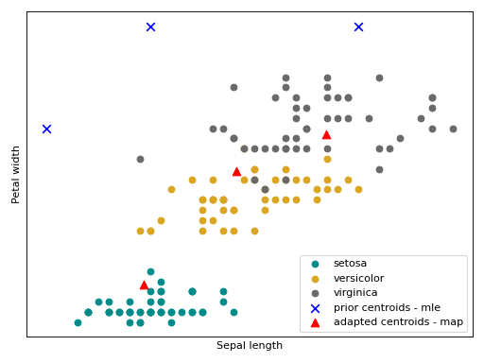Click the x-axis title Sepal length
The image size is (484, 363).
point(250,346)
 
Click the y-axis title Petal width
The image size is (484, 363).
point(16,174)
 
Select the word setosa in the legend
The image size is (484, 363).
point(350,263)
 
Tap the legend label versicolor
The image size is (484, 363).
point(358,278)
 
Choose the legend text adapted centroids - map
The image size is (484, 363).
point(390,322)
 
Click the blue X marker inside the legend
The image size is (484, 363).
point(315,308)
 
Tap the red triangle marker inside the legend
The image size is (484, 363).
point(315,322)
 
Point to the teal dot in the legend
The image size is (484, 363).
point(315,264)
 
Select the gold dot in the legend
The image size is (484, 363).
point(315,278)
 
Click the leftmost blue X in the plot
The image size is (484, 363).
point(46,129)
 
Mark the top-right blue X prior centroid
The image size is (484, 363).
point(358,26)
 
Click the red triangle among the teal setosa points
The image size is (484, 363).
point(144,285)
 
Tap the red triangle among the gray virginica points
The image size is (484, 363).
point(326,134)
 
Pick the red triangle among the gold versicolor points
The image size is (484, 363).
point(236,171)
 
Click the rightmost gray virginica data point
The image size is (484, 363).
point(453,129)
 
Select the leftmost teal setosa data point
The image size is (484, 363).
point(78,322)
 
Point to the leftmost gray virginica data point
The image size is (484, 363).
point(140,159)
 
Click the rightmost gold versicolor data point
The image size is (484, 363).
point(358,189)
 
